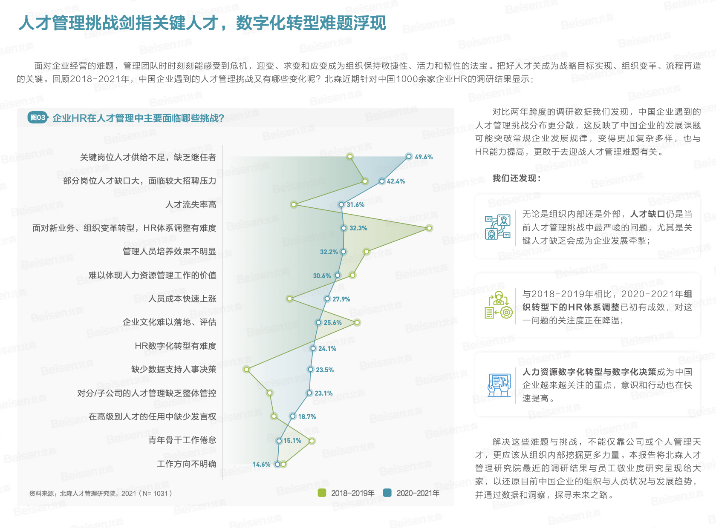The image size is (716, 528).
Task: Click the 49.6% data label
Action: (424, 157)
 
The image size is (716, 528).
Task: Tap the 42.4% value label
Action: (396, 181)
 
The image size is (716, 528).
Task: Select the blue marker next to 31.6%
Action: (341, 204)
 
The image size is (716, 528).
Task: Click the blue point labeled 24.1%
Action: (313, 348)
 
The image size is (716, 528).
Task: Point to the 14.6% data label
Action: (262, 465)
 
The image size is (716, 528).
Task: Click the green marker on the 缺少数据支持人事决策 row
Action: (247, 369)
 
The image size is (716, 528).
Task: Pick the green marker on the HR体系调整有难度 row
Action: (429, 228)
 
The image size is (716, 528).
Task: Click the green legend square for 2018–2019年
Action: (321, 493)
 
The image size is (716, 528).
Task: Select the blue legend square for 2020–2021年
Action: (387, 493)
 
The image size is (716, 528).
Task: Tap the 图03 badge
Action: (38, 118)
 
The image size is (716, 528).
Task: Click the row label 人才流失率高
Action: (191, 204)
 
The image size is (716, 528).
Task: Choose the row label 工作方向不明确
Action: (186, 464)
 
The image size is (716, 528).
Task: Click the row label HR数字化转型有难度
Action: (175, 346)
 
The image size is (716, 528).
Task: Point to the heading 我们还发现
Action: (517, 178)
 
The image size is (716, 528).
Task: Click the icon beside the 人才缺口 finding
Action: (498, 227)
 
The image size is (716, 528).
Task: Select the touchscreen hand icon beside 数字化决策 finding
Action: (499, 385)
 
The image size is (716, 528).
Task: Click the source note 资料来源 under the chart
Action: (101, 493)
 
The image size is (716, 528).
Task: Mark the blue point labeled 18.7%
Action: (292, 416)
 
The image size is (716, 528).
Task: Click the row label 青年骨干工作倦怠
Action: (182, 440)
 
